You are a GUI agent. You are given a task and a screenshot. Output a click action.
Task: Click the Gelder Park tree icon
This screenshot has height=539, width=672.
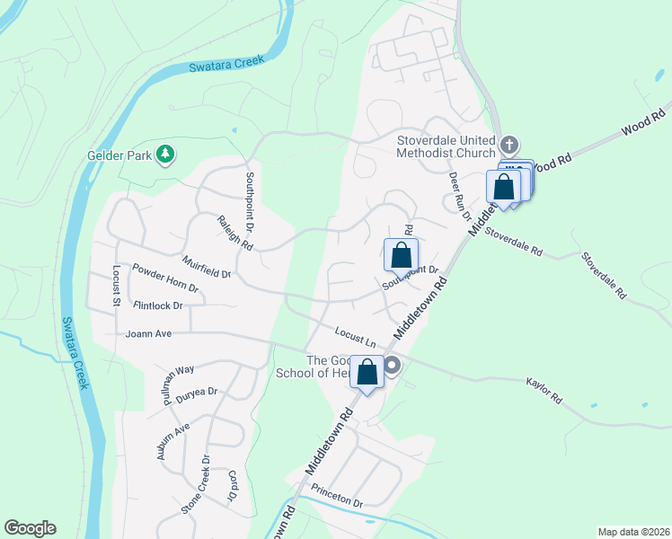coord(164,155)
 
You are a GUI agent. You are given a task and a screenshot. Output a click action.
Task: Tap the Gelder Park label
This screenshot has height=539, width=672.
coord(118,155)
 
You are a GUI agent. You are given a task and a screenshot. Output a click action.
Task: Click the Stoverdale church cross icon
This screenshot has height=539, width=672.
coord(509,145)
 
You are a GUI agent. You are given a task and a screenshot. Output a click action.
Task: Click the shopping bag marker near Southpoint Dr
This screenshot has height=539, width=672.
coord(401,254)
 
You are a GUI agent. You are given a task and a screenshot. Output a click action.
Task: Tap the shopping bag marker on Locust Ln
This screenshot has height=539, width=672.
coord(367,372)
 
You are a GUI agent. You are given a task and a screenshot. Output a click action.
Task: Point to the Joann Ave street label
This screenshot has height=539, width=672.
coord(149,333)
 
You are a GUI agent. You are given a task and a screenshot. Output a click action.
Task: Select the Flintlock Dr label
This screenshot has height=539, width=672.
coord(157,305)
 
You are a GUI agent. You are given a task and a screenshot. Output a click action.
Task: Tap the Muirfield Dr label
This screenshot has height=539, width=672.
coord(207,267)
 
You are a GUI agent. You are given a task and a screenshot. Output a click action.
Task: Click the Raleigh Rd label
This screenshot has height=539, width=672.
coord(234,233)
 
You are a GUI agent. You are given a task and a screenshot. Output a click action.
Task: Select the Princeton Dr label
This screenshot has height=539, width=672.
coord(337,497)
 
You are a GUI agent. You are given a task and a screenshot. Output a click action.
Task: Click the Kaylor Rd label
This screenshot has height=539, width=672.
coord(544,390)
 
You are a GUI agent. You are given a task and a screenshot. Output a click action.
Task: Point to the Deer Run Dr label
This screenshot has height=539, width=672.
coord(460,195)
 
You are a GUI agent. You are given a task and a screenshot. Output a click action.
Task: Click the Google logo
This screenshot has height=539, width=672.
coord(31,528)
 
